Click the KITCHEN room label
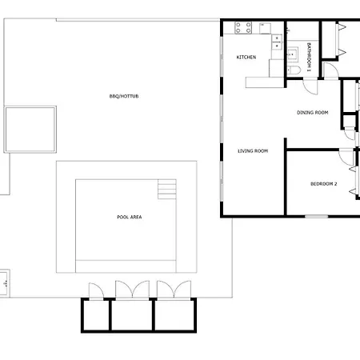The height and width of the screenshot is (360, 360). pos(246,57)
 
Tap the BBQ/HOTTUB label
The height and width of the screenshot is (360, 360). pos(124,96)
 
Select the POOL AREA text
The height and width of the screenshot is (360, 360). pos(130,217)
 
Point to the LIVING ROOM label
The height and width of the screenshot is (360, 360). pos(253,151)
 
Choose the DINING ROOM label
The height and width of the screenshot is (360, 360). pos(313,113)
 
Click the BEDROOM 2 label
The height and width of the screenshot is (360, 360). pos(324,184)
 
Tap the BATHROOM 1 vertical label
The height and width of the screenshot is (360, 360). pos(309,57)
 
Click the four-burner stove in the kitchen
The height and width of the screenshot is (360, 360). pos(243,28)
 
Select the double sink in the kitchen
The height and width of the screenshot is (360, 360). pos(277,42)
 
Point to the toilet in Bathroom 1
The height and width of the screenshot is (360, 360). pos(294,70)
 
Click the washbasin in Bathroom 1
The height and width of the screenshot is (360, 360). pos(293,54)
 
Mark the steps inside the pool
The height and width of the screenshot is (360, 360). pos(167,189)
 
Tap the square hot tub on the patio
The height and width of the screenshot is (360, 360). pos(30,130)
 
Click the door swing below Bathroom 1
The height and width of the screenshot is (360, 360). pos(310,86)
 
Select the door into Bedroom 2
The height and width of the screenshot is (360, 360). pos(346,158)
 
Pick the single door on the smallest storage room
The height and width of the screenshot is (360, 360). pos(96,290)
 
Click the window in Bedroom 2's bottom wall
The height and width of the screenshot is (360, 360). pos(317,216)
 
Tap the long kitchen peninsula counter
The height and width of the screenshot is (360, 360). pos(265,82)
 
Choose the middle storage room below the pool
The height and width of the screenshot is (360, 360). pos(132,315)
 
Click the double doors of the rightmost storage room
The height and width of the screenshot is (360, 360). pos(174,290)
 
